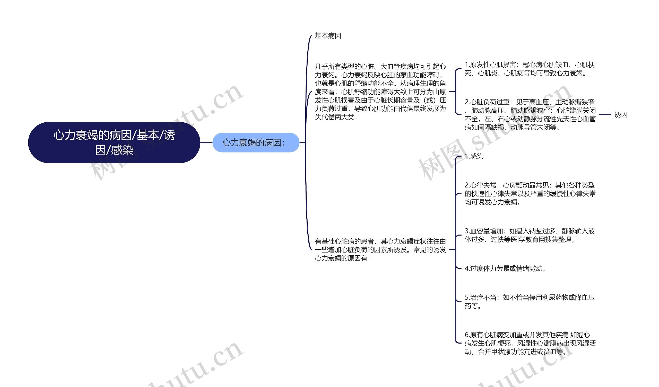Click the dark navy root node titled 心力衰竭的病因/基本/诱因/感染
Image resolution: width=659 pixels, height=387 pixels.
[114, 142]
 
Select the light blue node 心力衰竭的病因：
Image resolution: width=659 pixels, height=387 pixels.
[256, 142]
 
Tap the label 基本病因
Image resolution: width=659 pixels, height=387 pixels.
[328, 36]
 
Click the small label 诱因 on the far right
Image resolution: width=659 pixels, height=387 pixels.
[621, 114]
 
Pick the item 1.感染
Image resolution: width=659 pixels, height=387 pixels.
[474, 156]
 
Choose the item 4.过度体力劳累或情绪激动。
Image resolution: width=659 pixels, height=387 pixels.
[505, 268]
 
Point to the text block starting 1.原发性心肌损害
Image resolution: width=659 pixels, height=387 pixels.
[530, 69]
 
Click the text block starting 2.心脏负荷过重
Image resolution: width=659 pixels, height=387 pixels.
[530, 114]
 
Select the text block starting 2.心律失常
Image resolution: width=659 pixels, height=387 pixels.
[530, 194]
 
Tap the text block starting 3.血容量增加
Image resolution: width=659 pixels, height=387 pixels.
[530, 235]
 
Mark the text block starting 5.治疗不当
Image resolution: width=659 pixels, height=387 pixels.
[530, 301]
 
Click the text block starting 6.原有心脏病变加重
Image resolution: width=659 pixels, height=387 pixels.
[530, 343]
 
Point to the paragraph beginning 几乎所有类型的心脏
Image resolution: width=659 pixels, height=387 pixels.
[380, 92]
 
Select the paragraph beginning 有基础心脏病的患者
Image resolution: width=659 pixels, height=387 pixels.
[380, 249]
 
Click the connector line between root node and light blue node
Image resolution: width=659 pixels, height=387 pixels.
[206, 142]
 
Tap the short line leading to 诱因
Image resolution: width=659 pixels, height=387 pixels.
[605, 114]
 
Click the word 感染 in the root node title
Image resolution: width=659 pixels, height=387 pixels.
[122, 150]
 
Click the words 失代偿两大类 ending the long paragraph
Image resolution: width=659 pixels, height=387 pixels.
[334, 117]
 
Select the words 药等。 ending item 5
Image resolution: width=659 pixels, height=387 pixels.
[473, 306]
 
